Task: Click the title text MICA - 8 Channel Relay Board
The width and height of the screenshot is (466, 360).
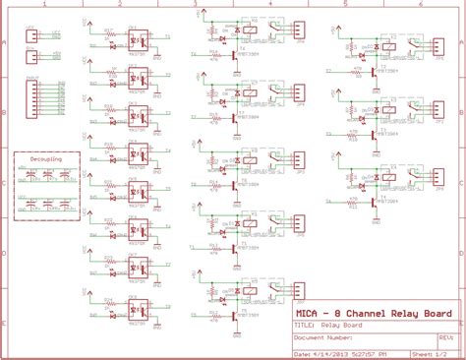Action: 374,315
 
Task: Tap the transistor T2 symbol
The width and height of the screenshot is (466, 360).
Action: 374,71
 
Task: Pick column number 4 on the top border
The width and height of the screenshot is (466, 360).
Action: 269,5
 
